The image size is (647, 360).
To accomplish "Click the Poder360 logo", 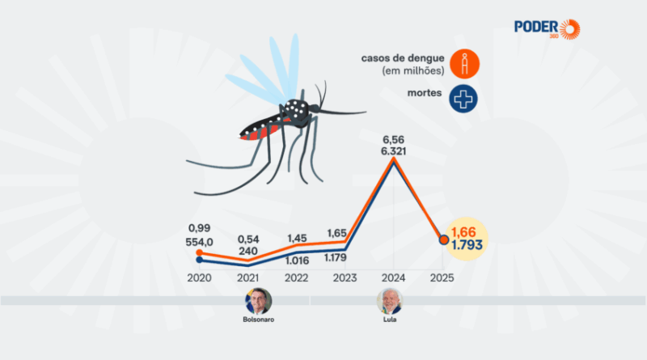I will [x=547, y=27].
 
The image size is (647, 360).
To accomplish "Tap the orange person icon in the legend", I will [x=464, y=63].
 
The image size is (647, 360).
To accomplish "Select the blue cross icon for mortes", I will [x=464, y=98].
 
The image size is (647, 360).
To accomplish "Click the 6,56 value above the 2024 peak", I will [x=394, y=137].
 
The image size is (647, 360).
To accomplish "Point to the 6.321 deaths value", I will [x=394, y=150].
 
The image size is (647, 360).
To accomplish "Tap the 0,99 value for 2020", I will [x=198, y=229].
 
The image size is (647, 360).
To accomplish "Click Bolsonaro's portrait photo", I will [x=259, y=302].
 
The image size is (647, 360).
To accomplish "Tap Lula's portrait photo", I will [x=390, y=302].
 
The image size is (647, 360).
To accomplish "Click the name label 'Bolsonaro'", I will [x=259, y=319].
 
